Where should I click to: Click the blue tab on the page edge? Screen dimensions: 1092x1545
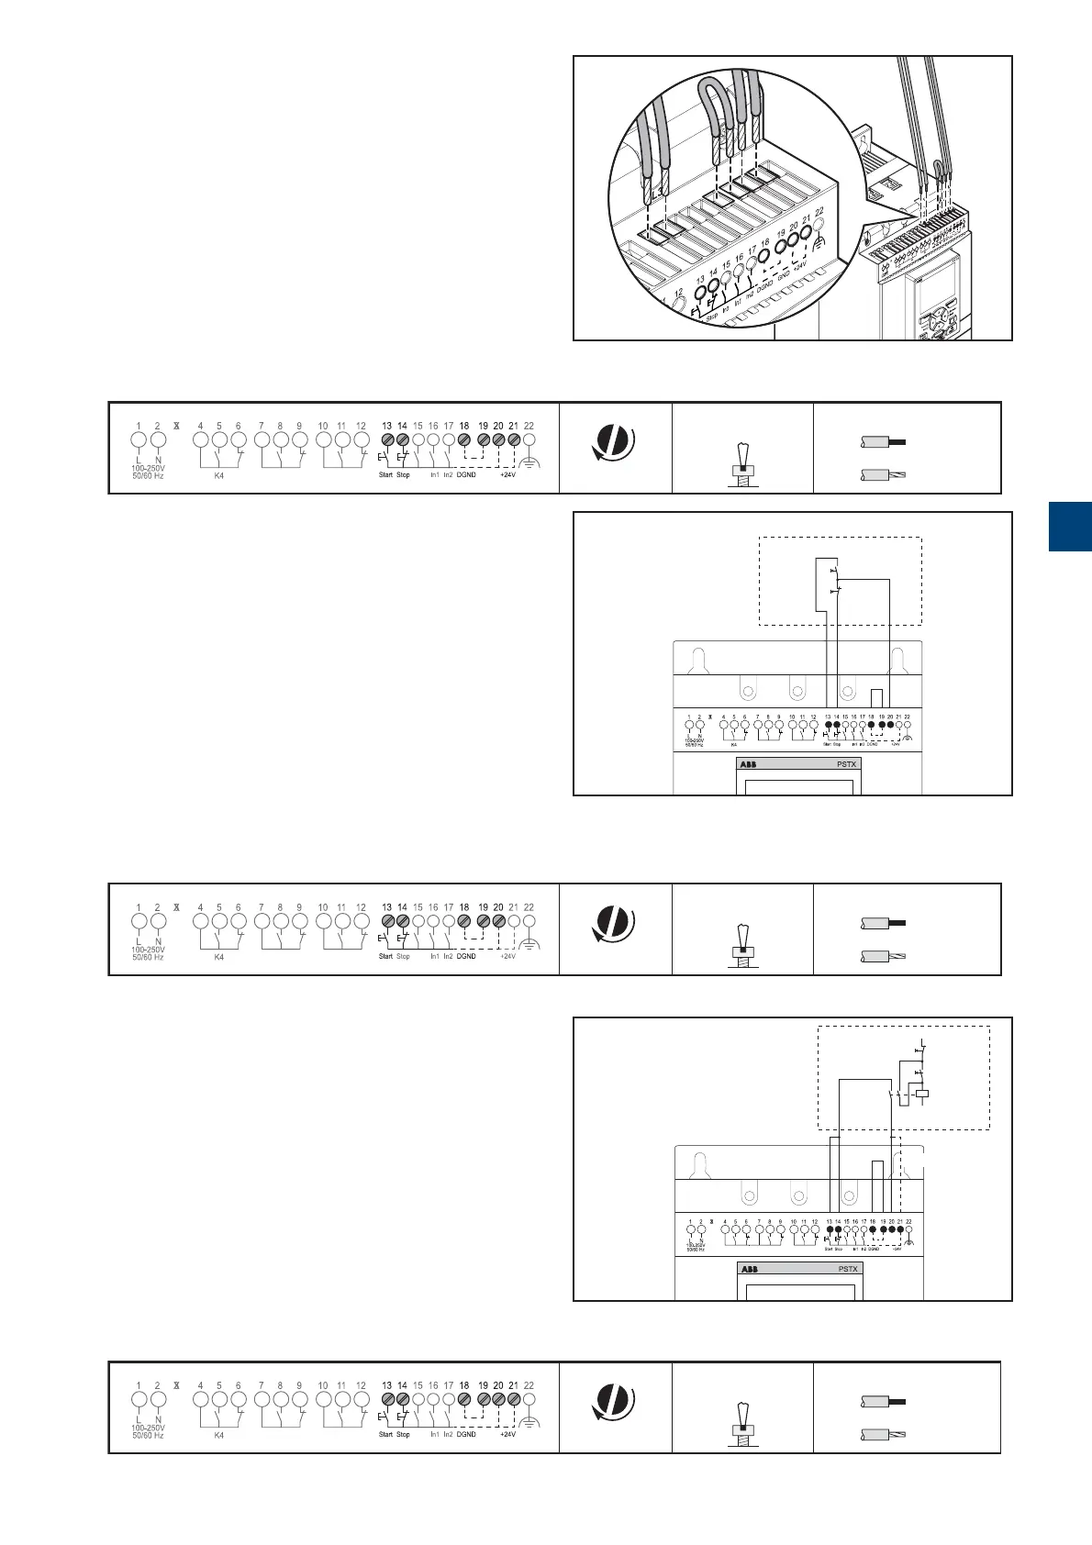(1070, 527)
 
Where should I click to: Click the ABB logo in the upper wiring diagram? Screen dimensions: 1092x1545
(748, 764)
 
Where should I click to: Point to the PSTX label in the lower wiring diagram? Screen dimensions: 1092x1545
(847, 1269)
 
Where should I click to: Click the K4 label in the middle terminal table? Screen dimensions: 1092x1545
(218, 957)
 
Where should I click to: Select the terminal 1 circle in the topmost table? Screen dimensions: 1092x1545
(139, 440)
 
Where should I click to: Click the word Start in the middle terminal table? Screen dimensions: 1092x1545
(385, 956)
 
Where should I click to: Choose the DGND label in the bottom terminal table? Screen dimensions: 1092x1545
(465, 1434)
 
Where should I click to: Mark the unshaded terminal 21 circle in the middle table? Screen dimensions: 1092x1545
(514, 921)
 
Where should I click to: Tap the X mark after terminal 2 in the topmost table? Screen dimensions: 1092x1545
(176, 426)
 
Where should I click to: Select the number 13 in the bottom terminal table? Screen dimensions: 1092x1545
(386, 1385)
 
